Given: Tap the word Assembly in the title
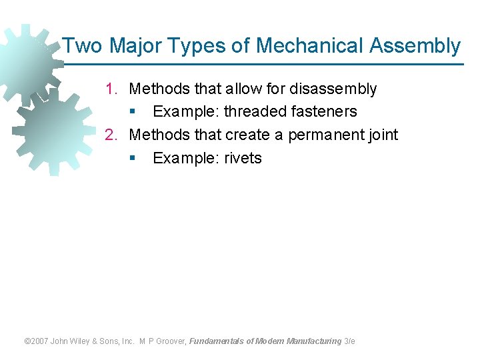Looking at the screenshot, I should (415, 46).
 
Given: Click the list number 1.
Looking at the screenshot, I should (111, 89).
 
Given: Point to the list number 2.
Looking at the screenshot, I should (111, 135).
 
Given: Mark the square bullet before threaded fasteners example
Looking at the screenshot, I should (133, 112).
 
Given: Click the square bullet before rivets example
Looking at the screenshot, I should (133, 159).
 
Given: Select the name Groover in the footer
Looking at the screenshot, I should (172, 341).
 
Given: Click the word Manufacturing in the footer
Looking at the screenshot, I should (313, 341).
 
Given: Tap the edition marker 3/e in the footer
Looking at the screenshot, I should (349, 341).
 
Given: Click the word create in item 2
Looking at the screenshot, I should (247, 135).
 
